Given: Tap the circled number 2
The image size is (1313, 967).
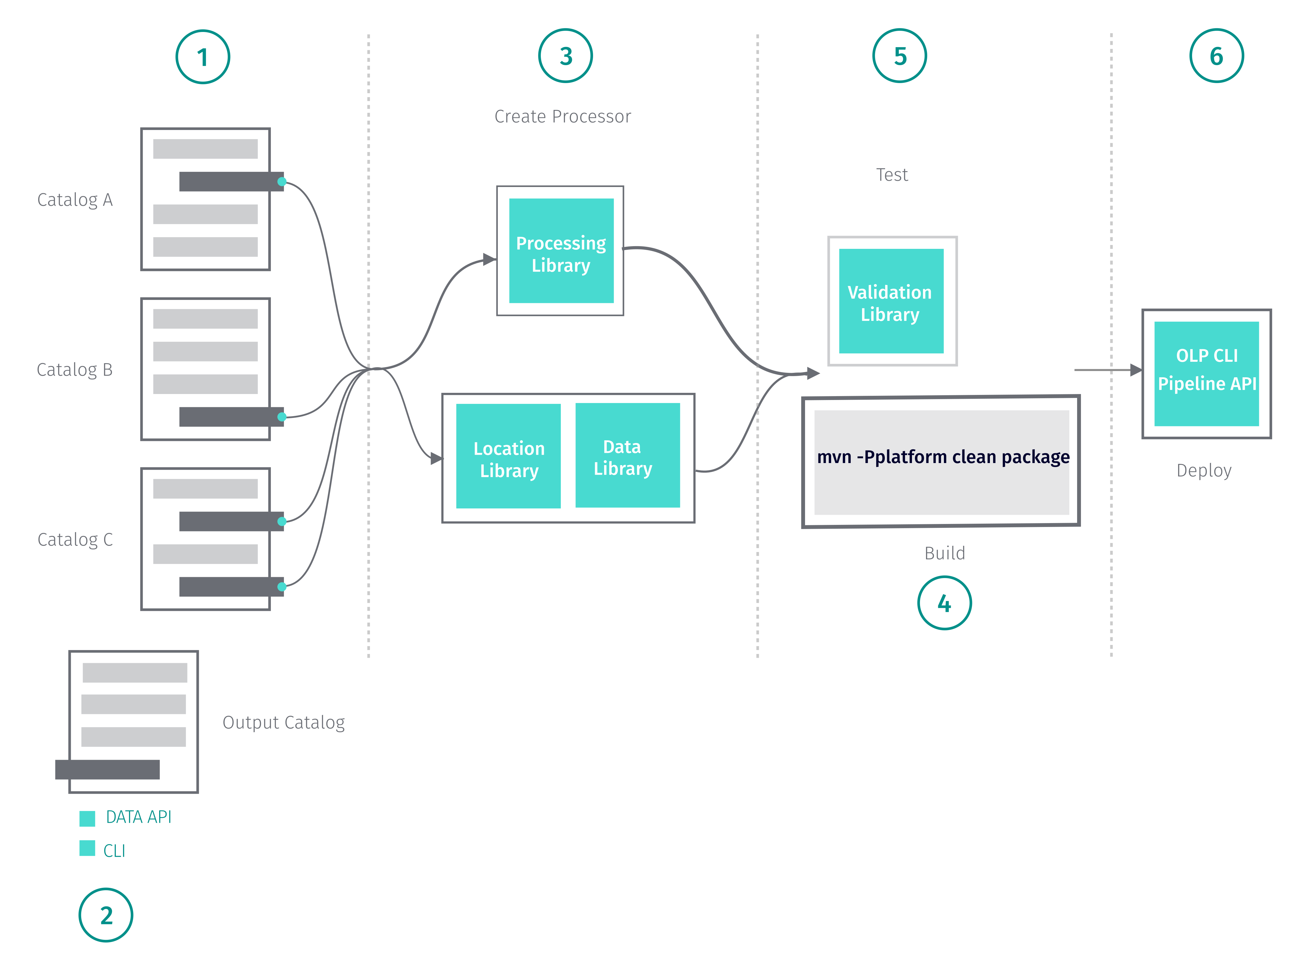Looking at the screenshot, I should point(106,915).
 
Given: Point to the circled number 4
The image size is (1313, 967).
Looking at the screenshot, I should point(944,603).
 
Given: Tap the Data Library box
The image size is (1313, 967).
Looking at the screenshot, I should point(627,455).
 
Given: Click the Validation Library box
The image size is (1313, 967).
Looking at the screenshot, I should point(890,301).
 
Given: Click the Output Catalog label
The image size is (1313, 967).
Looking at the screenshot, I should point(283,722).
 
